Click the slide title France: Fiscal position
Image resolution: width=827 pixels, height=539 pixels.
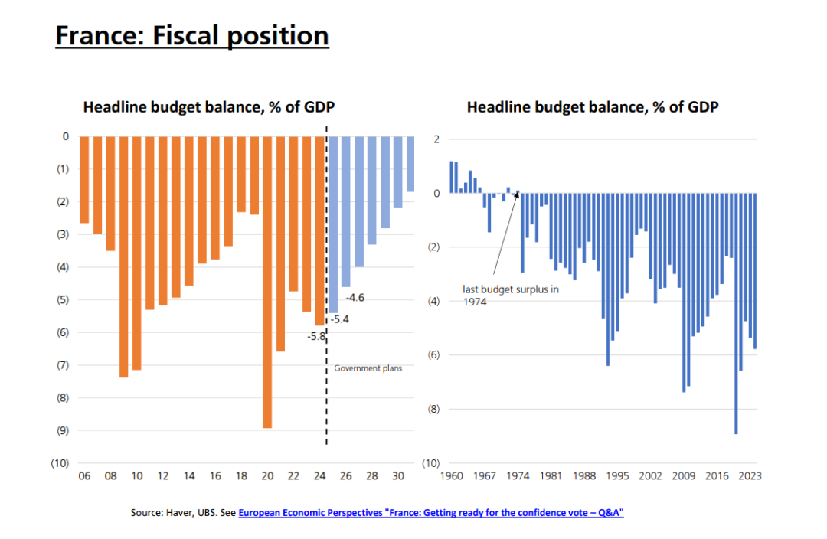(x=191, y=35)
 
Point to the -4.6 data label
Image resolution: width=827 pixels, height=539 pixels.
(x=355, y=297)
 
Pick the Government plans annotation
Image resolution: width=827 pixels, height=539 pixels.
(x=368, y=368)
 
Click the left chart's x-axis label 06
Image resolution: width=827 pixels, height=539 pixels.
(x=84, y=476)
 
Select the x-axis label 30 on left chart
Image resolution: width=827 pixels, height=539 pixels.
(x=397, y=476)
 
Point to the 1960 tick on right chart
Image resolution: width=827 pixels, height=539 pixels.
(x=451, y=476)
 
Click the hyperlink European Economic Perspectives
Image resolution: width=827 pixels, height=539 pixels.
(x=431, y=513)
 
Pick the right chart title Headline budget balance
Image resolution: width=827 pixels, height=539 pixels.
(x=592, y=107)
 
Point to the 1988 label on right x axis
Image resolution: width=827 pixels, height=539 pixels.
(x=584, y=476)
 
